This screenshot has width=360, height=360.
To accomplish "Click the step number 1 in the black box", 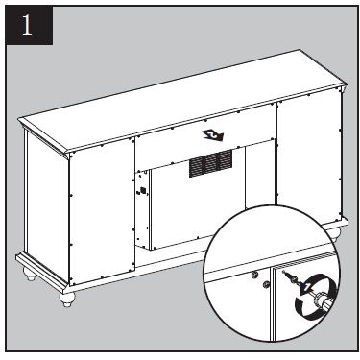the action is [x=27, y=25].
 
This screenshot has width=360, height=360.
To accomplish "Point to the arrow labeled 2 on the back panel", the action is [x=213, y=135].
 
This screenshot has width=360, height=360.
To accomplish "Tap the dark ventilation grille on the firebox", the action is [x=210, y=163].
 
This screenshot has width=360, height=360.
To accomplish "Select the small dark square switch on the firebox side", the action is [x=143, y=190].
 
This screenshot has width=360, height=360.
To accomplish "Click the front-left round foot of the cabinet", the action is [x=67, y=299].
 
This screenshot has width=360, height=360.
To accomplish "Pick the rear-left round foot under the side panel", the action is [x=30, y=274].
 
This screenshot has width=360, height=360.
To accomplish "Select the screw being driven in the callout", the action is [x=289, y=276].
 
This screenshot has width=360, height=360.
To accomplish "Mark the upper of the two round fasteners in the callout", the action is [x=255, y=275].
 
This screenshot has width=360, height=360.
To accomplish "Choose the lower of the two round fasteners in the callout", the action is [x=266, y=284].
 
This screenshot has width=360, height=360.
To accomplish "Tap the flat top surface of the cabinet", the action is [x=182, y=100].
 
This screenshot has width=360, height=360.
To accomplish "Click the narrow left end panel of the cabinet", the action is [x=47, y=204].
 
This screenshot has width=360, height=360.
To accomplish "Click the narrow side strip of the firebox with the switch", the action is [x=142, y=208].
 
